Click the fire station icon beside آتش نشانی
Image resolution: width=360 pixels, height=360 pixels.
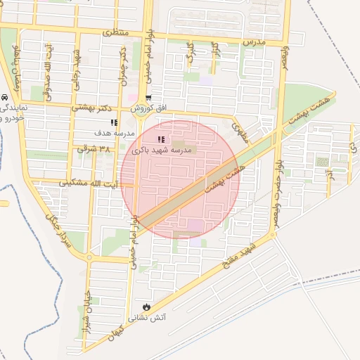click(x=146, y=307)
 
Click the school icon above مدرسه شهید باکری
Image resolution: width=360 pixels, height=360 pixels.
click(x=160, y=140)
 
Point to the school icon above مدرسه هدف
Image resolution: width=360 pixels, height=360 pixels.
click(x=114, y=123)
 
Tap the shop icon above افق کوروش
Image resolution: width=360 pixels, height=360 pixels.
click(x=148, y=98)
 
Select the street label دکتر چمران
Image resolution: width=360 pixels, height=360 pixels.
click(x=124, y=67)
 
